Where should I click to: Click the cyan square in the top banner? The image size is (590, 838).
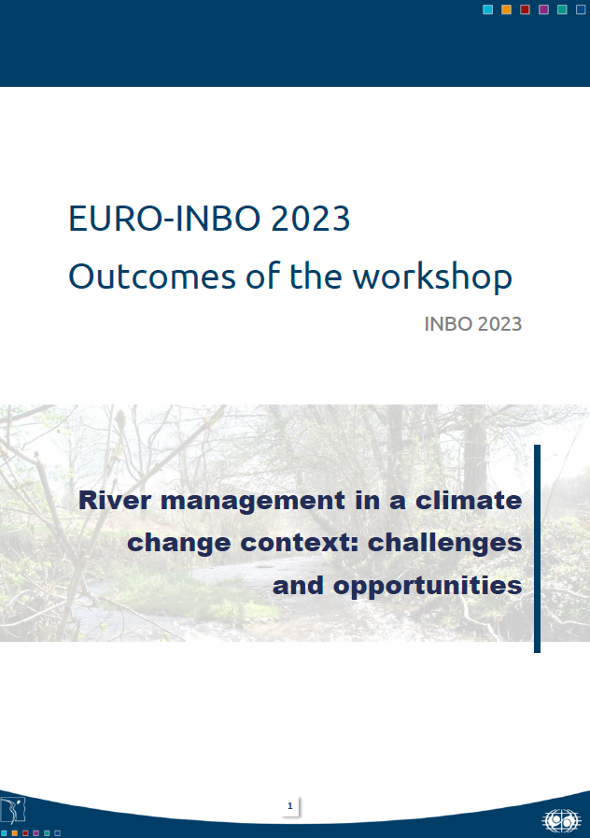[x=487, y=9]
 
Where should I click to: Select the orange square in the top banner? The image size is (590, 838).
[x=506, y=9]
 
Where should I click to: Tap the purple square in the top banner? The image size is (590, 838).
[x=543, y=9]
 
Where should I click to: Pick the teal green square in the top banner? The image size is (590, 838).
[x=562, y=9]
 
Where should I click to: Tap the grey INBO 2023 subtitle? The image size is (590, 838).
[x=472, y=325]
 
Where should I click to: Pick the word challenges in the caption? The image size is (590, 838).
[x=448, y=543]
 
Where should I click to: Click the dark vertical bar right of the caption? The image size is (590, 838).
[x=538, y=548]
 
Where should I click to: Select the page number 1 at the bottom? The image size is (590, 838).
[x=289, y=805]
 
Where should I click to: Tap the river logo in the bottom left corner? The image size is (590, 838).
[x=13, y=810]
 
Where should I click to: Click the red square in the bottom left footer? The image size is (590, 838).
[x=25, y=832]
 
